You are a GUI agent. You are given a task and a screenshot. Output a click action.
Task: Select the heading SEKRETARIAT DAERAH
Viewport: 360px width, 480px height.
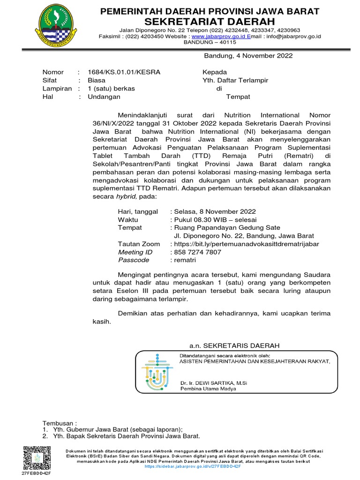(x=210, y=22)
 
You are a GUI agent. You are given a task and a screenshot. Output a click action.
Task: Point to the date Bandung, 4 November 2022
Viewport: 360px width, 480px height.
(x=248, y=56)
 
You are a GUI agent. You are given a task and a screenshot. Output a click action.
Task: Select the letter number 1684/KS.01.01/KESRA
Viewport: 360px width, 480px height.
(x=124, y=72)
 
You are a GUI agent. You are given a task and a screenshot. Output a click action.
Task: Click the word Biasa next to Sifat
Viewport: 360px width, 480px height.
(x=97, y=80)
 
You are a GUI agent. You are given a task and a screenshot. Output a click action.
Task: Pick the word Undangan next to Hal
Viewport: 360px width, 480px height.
(x=104, y=97)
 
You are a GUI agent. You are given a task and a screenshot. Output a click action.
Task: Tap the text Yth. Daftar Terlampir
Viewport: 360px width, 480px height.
(x=235, y=80)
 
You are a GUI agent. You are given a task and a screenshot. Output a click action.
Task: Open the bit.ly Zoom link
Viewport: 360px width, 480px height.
(x=247, y=244)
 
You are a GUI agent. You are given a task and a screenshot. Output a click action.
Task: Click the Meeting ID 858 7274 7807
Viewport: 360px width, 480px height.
(x=198, y=252)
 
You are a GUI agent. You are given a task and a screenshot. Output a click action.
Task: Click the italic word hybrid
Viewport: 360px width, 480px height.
(x=129, y=196)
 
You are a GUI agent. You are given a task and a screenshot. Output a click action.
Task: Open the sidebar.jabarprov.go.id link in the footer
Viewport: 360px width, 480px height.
(x=193, y=466)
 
